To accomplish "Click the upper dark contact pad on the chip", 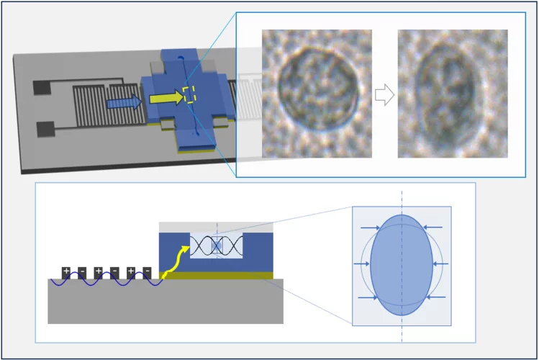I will (42, 89).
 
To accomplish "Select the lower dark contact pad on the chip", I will (45, 129).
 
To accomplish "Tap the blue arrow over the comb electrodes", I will (123, 103).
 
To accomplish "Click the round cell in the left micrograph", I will (317, 89).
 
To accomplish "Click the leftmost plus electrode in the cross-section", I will (65, 271).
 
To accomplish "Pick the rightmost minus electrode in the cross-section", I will (148, 271).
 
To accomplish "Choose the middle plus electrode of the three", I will (98, 271).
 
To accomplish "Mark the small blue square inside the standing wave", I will (217, 246).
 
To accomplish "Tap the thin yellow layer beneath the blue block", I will (216, 275).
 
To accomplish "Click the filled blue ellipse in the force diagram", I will (402, 264).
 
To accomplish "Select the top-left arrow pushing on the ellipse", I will (368, 229).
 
